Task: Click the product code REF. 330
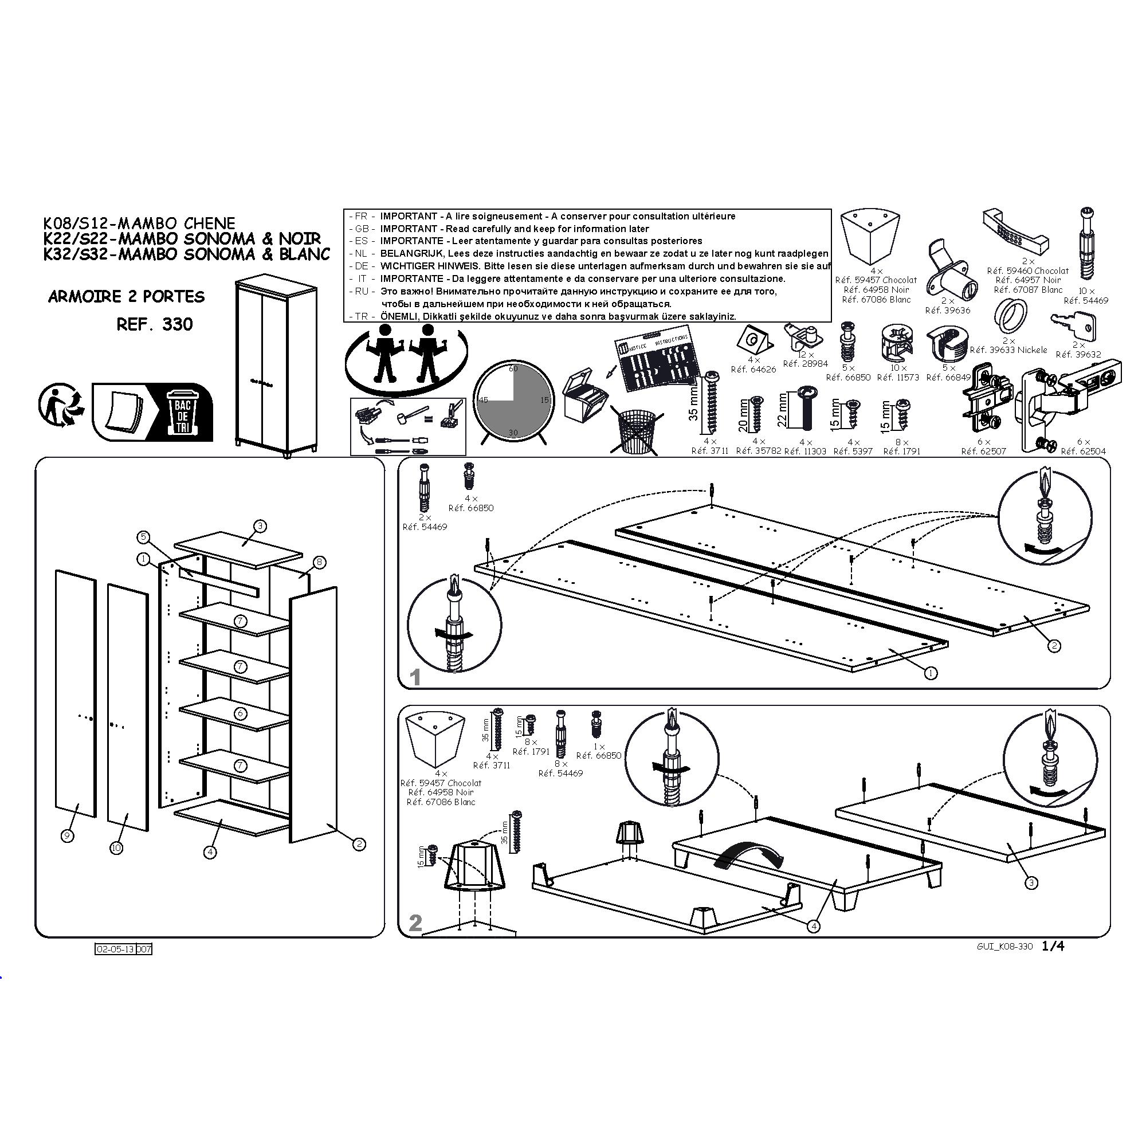click(155, 324)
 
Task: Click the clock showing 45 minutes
click(513, 402)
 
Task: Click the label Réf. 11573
click(898, 377)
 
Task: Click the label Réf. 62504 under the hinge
click(1083, 451)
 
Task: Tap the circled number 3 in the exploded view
click(260, 525)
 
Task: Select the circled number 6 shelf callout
click(240, 713)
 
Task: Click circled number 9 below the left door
click(68, 836)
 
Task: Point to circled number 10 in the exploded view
click(116, 848)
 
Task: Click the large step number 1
click(415, 677)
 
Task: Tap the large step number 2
click(415, 923)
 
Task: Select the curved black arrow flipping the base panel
click(749, 857)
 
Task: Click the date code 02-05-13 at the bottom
click(115, 949)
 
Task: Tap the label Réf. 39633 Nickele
click(1008, 350)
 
